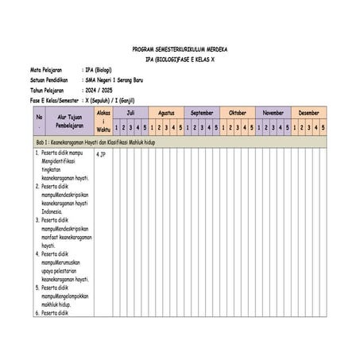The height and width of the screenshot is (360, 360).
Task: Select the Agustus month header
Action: (x=166, y=114)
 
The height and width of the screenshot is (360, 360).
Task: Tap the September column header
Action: (x=202, y=114)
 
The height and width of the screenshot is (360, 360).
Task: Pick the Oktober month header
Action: (x=238, y=114)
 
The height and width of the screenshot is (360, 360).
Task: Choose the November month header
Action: (x=273, y=114)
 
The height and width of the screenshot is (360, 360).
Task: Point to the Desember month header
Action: (x=308, y=114)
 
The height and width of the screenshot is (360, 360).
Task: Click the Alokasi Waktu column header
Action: (x=101, y=121)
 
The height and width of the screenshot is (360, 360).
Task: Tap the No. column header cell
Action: (x=39, y=121)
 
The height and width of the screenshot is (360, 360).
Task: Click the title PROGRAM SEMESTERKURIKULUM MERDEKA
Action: (x=180, y=48)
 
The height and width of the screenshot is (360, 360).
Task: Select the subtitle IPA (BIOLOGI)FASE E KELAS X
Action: (x=180, y=59)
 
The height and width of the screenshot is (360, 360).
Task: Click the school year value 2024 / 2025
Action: (x=100, y=91)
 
